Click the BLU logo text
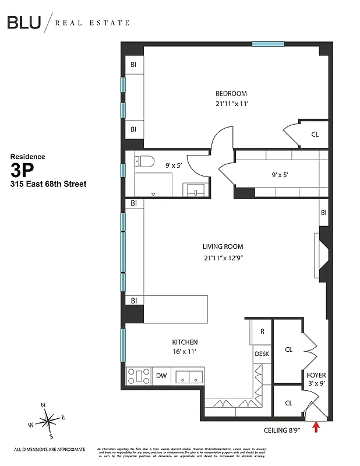click(24, 23)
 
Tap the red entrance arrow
click(316, 428)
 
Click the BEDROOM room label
click(231, 94)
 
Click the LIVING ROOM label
click(223, 246)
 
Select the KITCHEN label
click(184, 342)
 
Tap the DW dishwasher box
click(161, 376)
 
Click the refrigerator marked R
click(262, 331)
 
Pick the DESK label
click(262, 353)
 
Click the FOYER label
click(316, 375)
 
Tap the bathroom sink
click(194, 190)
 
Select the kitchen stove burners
click(139, 376)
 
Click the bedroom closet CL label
click(315, 135)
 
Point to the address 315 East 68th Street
click(48, 184)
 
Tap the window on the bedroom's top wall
click(268, 43)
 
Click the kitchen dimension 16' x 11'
click(184, 352)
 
